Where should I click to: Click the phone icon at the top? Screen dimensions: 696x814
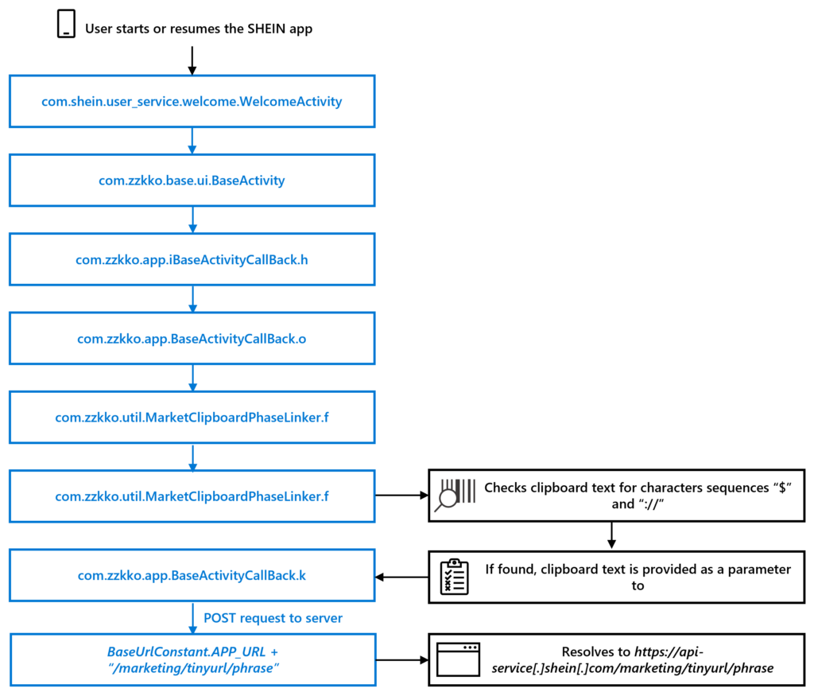[67, 25]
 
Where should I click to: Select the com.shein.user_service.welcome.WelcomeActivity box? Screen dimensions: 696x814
[192, 101]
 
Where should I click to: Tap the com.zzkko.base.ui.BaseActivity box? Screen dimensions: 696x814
[192, 180]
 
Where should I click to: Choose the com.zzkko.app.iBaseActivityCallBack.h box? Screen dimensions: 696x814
[192, 259]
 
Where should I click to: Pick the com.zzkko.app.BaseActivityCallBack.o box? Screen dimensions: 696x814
[192, 338]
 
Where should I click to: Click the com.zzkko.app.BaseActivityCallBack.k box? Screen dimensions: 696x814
[192, 575]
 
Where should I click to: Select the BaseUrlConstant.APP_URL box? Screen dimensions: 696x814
[192, 659]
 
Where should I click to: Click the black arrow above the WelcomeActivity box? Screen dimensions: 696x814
[192, 60]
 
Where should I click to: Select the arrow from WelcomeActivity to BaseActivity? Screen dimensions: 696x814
[192, 140]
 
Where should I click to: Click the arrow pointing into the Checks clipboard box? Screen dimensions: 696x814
[401, 496]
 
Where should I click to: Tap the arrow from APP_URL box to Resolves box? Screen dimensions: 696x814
[401, 659]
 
